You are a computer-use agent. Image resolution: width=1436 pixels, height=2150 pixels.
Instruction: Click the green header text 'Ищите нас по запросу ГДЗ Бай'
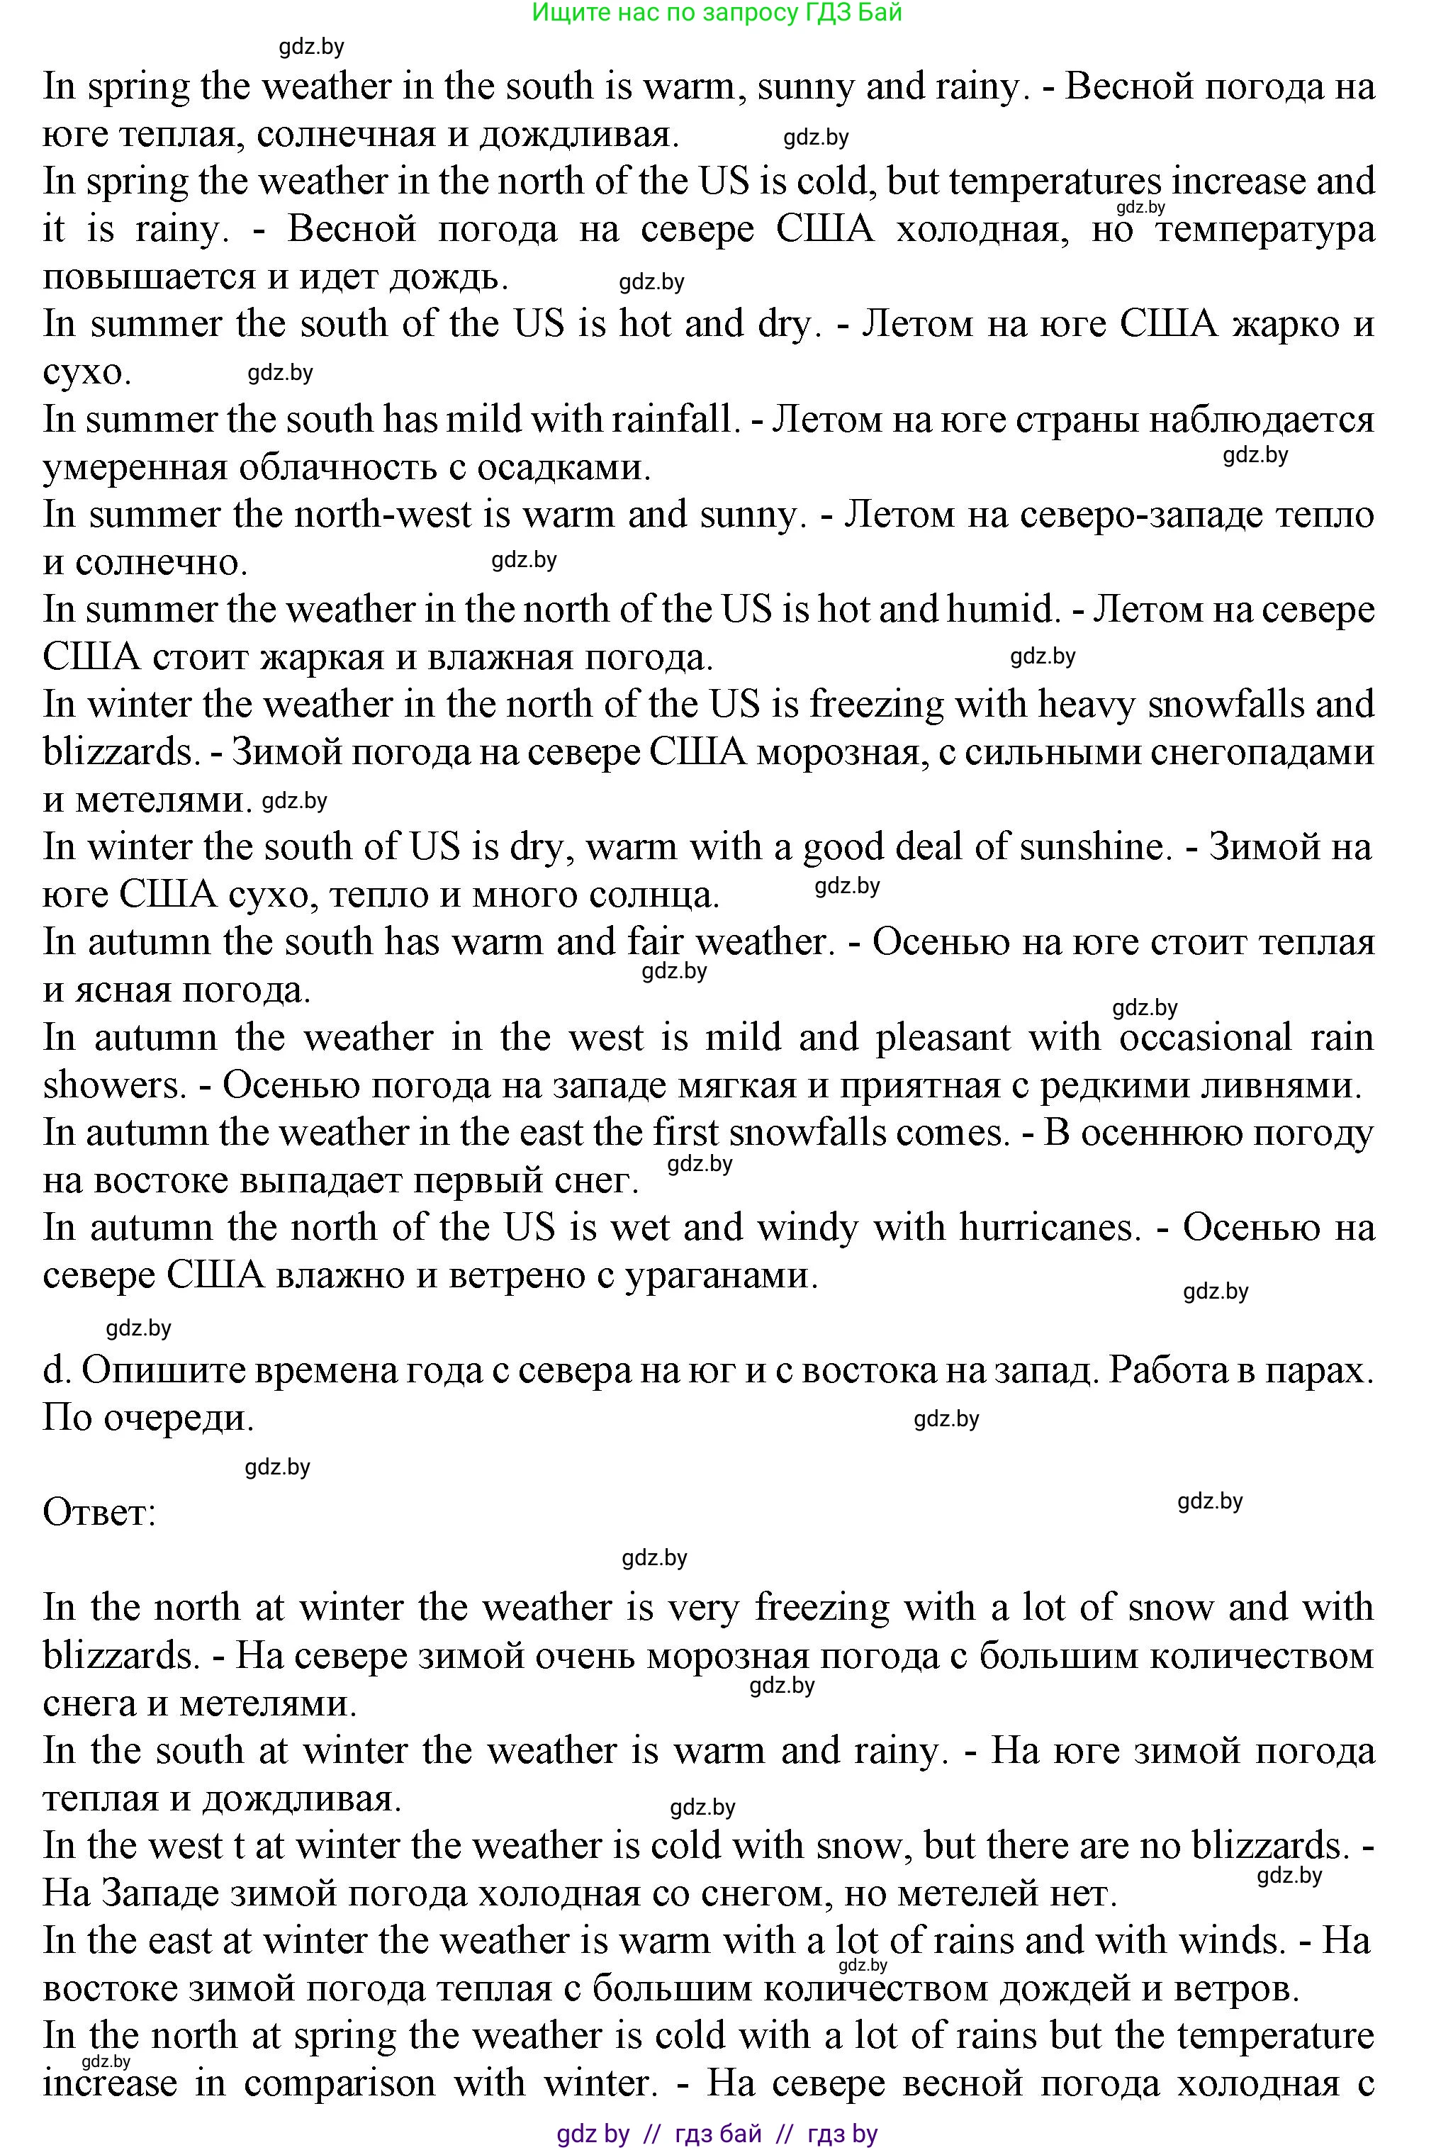(x=717, y=13)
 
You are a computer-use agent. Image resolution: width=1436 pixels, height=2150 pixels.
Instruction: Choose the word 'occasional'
(x=1206, y=1038)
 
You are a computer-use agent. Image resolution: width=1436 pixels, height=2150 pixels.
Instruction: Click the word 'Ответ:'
(x=100, y=1513)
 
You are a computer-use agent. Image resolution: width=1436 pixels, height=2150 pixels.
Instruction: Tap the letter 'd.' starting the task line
(x=56, y=1370)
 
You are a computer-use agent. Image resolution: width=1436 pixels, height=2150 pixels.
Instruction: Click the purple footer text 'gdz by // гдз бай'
(x=659, y=2134)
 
